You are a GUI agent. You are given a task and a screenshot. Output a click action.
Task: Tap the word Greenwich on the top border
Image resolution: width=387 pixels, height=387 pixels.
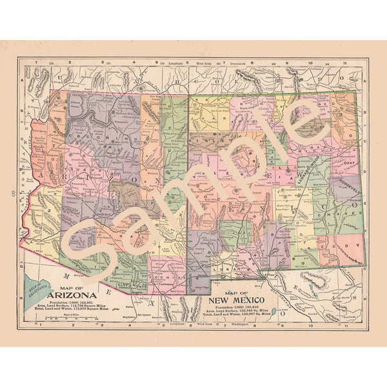[228, 63]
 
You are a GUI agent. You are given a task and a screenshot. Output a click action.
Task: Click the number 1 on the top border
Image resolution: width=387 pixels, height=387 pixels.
[37, 63]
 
